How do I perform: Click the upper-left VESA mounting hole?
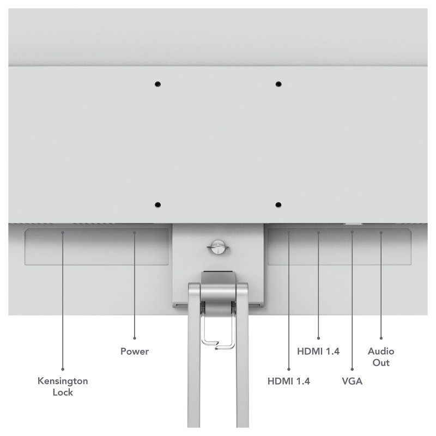pos(158,84)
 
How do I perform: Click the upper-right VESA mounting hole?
pos(278,84)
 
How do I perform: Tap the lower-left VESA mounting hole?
pos(158,205)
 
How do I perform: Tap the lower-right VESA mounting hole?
pos(278,205)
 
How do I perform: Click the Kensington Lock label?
pos(63,386)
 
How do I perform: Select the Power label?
pos(135,352)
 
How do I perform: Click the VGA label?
pos(352,381)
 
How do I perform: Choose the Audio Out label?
pos(381,357)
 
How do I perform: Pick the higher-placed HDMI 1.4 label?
pos(318,352)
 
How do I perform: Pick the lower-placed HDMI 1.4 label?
pos(289,381)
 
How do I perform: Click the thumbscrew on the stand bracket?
pos(217,247)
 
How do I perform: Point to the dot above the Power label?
pos(135,338)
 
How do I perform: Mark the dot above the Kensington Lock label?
pos(63,370)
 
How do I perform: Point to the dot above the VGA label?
pos(352,370)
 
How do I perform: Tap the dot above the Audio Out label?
pos(381,338)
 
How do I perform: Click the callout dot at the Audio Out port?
pos(381,233)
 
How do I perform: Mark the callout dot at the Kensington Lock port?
pos(63,233)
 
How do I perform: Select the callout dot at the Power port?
pos(135,233)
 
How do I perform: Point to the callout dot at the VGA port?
pos(352,232)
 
